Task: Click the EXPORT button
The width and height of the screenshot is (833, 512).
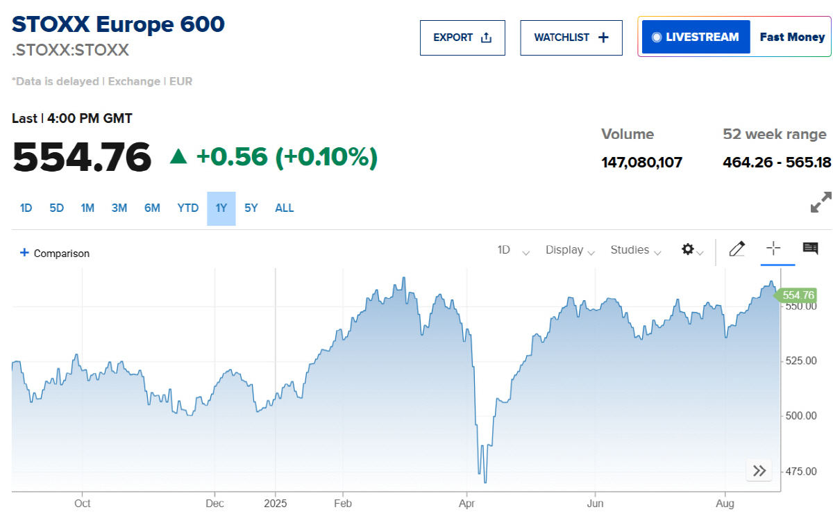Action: tap(462, 38)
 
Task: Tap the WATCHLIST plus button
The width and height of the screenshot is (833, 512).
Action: tap(571, 38)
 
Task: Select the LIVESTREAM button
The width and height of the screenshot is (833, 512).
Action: tap(696, 37)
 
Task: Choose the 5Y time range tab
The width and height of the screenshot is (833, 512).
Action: tap(251, 208)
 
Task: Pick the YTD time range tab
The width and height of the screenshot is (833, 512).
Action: tap(187, 208)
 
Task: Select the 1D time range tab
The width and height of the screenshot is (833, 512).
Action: tap(26, 208)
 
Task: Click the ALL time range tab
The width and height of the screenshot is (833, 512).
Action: tap(285, 208)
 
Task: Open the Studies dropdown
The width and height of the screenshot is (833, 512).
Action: tap(635, 250)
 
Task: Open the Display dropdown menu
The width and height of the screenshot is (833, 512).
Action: tap(570, 250)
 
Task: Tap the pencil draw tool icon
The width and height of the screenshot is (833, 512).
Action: tap(737, 249)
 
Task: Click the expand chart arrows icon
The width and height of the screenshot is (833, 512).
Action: tap(821, 202)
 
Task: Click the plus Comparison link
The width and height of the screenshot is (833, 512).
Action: tap(56, 254)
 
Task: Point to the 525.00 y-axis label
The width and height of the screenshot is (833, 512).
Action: tap(800, 361)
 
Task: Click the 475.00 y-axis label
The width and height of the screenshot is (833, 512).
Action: tap(800, 472)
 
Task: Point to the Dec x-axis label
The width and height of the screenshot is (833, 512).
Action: tap(214, 503)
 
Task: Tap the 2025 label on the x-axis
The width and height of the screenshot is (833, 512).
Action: tap(276, 503)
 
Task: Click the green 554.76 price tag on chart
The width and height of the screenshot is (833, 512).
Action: tap(797, 295)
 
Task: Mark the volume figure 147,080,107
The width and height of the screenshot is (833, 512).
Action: tap(641, 163)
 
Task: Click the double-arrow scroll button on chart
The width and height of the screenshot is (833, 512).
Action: tap(759, 470)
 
